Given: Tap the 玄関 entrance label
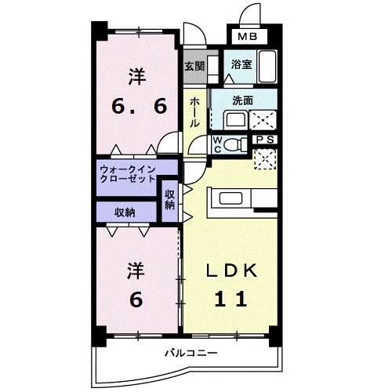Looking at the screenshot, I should [194, 67].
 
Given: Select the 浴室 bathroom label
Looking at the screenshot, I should [241, 66].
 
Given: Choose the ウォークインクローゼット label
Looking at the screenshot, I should [128, 173].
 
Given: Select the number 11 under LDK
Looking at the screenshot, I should [228, 298].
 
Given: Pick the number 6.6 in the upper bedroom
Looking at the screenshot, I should [138, 106].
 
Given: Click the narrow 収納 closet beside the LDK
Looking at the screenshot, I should [170, 199].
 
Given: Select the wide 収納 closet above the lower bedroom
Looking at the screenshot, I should [125, 212].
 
